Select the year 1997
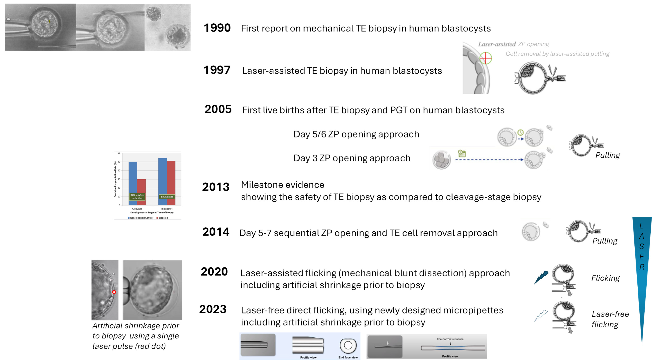click(217, 70)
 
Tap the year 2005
click(218, 109)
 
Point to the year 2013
click(216, 187)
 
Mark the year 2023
click(213, 309)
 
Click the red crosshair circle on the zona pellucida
click(485, 58)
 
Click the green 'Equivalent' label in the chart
click(167, 196)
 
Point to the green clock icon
click(520, 132)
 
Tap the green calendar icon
click(462, 153)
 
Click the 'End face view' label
click(348, 357)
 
